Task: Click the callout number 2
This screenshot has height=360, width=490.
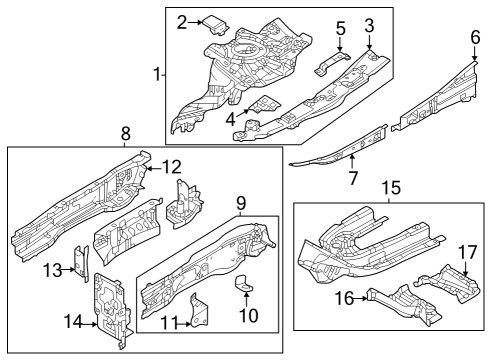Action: point(182,23)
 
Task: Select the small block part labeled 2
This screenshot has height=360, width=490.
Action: point(215,25)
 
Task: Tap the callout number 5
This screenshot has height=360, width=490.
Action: point(340,28)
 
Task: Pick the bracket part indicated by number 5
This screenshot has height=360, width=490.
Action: point(332,63)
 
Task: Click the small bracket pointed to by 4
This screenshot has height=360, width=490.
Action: point(265,105)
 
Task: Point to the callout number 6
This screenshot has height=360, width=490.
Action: point(475,37)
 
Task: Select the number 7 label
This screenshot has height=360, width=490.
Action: point(353,178)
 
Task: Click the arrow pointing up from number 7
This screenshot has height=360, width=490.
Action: point(352,162)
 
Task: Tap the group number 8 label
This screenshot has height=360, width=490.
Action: point(125,134)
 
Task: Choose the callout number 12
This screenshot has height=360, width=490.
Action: point(172,167)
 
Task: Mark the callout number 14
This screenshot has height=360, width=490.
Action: point(73,322)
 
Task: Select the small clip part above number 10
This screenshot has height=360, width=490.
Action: point(244,283)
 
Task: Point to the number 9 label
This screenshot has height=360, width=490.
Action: point(241,202)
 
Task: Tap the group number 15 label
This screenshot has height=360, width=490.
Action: point(391,188)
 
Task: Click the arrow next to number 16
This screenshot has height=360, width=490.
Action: point(360,298)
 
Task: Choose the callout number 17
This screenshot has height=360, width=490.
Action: point(467,252)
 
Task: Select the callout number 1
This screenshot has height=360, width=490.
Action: point(157,74)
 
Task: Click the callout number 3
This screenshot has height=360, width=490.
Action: point(369,25)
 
